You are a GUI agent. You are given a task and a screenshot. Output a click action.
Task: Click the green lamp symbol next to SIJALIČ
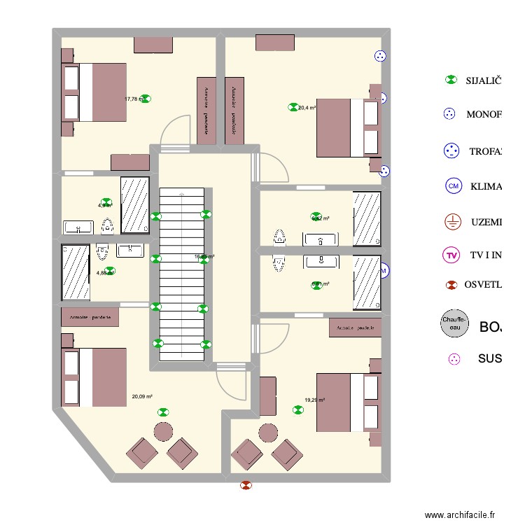451,80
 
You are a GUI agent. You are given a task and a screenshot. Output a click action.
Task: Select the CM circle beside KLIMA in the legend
454,186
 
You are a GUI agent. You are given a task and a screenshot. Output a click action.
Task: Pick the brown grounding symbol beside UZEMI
452,222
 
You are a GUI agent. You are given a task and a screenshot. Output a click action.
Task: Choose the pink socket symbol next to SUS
454,359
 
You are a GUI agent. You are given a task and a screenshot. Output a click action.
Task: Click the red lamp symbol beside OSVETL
452,285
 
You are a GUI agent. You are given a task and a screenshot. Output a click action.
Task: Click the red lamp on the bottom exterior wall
246,484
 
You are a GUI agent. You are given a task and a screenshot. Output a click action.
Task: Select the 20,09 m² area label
142,397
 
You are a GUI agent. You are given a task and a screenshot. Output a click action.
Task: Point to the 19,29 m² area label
316,400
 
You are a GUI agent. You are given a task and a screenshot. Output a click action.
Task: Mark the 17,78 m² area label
133,99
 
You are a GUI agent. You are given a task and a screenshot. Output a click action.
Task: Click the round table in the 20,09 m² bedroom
163,431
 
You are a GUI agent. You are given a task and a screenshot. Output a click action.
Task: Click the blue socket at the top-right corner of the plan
380,56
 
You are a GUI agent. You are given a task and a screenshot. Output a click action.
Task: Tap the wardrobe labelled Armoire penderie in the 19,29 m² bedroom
355,328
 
